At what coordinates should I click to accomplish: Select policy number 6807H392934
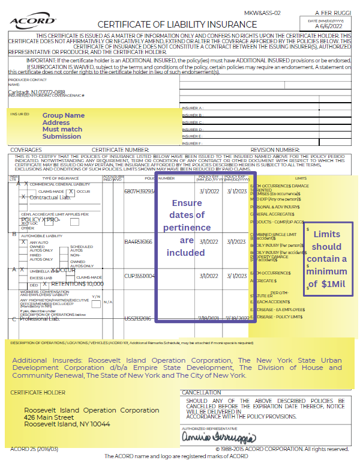tap(140, 191)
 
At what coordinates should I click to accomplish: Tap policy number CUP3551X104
tap(140, 276)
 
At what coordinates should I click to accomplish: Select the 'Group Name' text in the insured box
tap(64, 115)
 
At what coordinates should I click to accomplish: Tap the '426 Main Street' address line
tap(57, 417)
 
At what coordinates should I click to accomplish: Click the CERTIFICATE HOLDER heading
tap(39, 393)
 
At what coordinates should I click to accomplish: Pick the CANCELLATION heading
tap(201, 393)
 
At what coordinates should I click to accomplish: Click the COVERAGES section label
tap(26, 150)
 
